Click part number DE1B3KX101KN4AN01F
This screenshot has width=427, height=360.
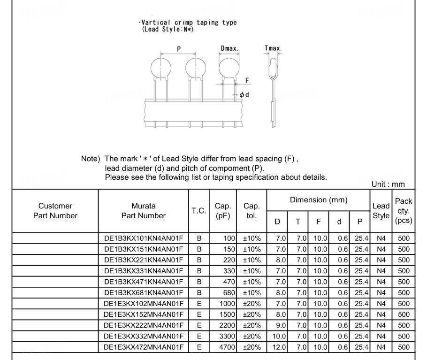[143, 238]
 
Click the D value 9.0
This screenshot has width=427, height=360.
[277, 325]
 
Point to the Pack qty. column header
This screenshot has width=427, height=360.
[404, 211]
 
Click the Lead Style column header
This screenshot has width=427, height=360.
[380, 211]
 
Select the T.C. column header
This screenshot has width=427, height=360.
[199, 211]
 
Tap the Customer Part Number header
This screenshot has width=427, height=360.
[55, 211]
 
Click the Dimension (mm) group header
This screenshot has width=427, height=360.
[318, 200]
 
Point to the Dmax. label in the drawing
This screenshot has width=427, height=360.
[229, 48]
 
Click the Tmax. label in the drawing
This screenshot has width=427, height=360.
[273, 48]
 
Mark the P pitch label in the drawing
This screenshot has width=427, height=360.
[179, 48]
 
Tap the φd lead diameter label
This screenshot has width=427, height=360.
[244, 94]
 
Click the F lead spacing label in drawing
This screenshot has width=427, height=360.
[247, 80]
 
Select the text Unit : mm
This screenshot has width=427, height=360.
[388, 184]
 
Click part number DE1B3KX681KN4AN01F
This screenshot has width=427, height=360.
[143, 292]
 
